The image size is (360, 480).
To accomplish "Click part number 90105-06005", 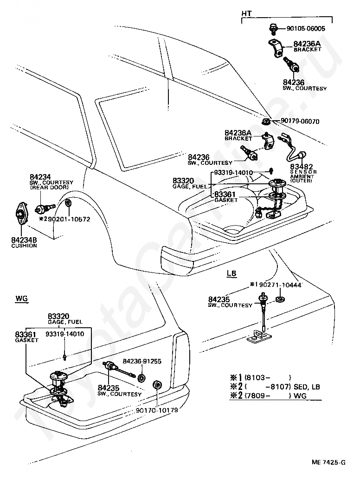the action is (306, 29).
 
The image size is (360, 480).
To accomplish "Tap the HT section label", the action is (246, 14).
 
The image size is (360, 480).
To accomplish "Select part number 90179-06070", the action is (300, 122).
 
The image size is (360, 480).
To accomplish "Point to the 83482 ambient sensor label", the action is (301, 167).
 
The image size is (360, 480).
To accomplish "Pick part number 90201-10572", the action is (67, 219).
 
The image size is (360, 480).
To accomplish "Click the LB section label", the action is (231, 273).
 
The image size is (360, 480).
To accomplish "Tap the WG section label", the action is (21, 298).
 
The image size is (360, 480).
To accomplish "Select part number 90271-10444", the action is (279, 285).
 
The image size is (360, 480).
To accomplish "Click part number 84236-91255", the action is (142, 361).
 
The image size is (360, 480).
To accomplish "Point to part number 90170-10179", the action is (157, 410).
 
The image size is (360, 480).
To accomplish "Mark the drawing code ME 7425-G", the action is (328, 462).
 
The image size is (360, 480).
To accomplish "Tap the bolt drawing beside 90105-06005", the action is (272, 28).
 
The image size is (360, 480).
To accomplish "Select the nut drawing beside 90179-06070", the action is (266, 121).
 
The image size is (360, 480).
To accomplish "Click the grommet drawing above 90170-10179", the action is (157, 385).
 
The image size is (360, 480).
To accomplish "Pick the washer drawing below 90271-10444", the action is (279, 299).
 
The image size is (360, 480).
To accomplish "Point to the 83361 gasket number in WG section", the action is (26, 335).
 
